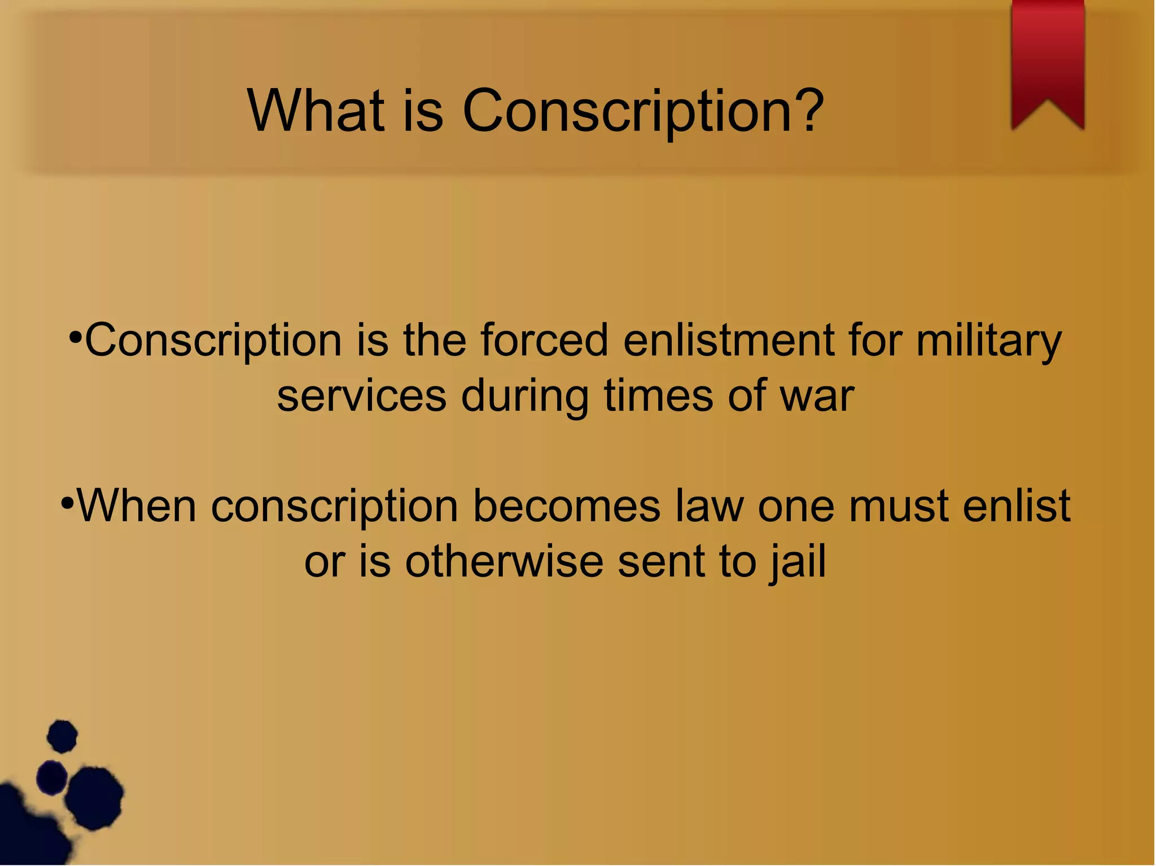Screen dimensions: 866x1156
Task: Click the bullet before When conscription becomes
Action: (67, 503)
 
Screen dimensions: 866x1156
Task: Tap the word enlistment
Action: (729, 340)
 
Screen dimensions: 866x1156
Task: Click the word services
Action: (362, 396)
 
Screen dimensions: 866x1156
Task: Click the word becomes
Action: (566, 506)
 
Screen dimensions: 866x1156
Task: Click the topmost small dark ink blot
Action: (62, 736)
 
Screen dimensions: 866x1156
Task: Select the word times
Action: (659, 396)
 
